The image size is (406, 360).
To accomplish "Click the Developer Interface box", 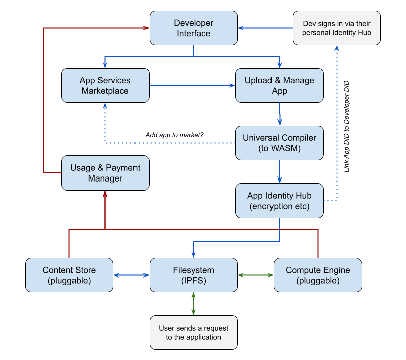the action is (193, 28).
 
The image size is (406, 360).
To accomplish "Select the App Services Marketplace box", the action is (105, 85).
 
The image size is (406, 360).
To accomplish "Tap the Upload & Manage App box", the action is (280, 85).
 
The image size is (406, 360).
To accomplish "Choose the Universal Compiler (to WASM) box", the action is (280, 143).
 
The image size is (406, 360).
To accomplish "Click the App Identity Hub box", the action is (280, 201).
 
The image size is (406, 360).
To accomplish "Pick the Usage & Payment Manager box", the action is (105, 173).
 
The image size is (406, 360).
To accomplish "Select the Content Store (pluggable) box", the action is (69, 275).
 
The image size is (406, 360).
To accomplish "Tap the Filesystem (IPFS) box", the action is (193, 275).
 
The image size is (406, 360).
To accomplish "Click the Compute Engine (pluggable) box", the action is (318, 275).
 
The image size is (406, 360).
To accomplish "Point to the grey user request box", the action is (193, 332).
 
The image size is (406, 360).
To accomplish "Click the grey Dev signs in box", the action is (337, 28).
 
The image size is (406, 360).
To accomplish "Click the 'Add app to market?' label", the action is (174, 135).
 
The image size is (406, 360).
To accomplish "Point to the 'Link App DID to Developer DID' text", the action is (346, 127).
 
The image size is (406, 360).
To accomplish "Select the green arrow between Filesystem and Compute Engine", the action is (255, 275).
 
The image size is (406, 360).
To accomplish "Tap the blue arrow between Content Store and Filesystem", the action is (131, 275).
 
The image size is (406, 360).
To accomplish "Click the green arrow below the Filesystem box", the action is (193, 304).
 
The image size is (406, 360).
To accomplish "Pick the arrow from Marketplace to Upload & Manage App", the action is (192, 85).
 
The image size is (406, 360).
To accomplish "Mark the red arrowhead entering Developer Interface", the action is (146, 28).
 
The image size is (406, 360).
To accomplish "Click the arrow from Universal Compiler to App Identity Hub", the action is (280, 171).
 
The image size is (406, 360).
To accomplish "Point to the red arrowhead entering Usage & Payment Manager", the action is (105, 194).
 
